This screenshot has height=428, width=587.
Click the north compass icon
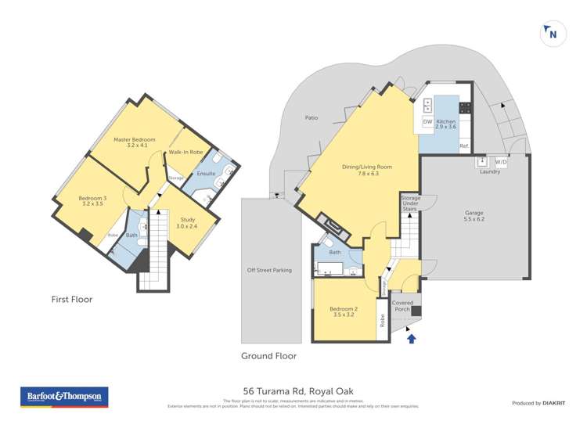(x=553, y=33)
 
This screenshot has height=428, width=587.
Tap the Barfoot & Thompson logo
(x=64, y=397)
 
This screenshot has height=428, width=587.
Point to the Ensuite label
(x=206, y=173)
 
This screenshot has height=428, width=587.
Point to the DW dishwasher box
(x=427, y=122)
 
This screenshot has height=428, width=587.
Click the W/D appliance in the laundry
(x=501, y=163)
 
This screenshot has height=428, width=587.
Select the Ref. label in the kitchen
(x=463, y=146)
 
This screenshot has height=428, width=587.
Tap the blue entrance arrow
(x=412, y=337)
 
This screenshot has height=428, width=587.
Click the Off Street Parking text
(x=269, y=270)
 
